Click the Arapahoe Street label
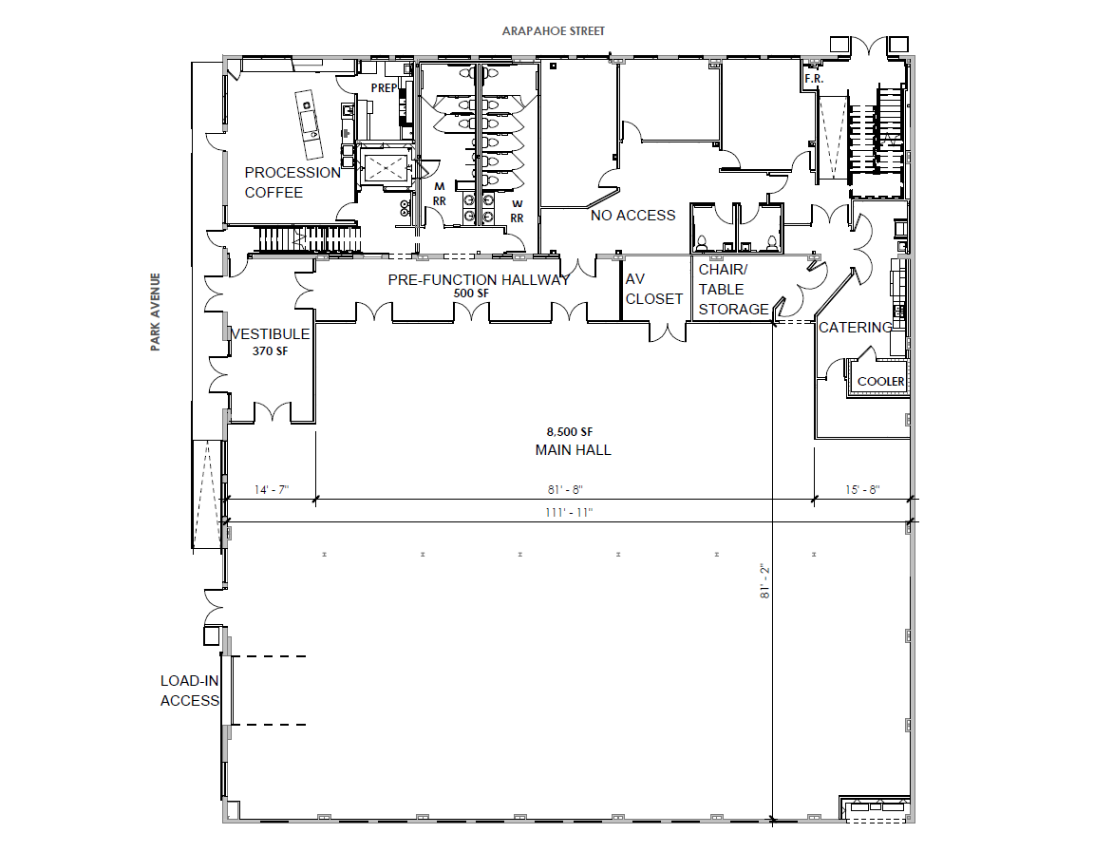tap(554, 31)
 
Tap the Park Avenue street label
tap(156, 312)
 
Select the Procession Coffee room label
tap(292, 182)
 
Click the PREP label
tap(384, 88)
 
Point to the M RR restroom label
tap(440, 194)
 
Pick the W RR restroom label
tap(517, 211)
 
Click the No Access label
tap(632, 216)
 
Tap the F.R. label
tap(814, 79)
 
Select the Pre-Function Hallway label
tap(479, 280)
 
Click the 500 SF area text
tap(472, 293)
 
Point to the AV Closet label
tap(653, 289)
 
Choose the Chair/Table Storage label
tap(733, 289)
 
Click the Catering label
tap(856, 328)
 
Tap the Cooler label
tap(880, 382)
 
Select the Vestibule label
tap(270, 334)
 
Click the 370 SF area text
tap(270, 351)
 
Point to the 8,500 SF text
tap(570, 432)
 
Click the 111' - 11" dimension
tap(569, 513)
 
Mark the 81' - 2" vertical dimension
tap(764, 582)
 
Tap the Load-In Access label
tap(190, 691)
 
